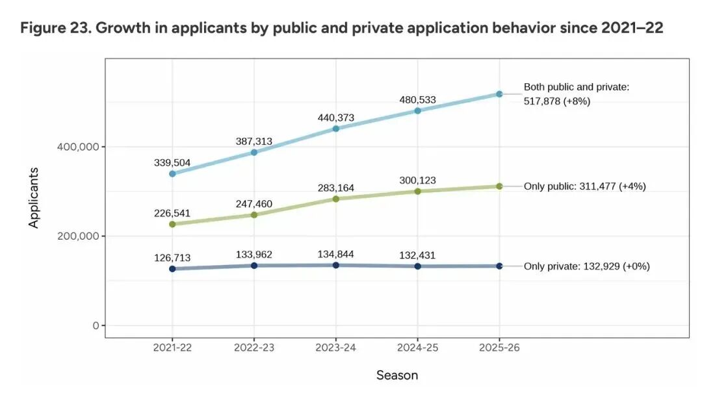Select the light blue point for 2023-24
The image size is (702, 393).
pos(335,129)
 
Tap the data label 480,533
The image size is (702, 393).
pos(417,100)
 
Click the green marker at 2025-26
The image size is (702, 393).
pos(499,186)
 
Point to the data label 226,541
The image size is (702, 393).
pos(172,212)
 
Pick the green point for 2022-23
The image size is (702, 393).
pos(254,214)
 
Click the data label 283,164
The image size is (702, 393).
pos(335,188)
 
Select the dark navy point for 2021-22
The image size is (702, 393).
pos(172,269)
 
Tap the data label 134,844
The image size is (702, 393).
pos(335,254)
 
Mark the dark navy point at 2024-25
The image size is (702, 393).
pos(417,266)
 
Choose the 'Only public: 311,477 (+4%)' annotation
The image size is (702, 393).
pos(584,186)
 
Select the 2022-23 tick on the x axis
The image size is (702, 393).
pos(254,348)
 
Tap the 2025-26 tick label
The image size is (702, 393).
pos(499,348)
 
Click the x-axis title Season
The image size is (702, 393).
pos(397,375)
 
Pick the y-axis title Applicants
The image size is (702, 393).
pos(34,197)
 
